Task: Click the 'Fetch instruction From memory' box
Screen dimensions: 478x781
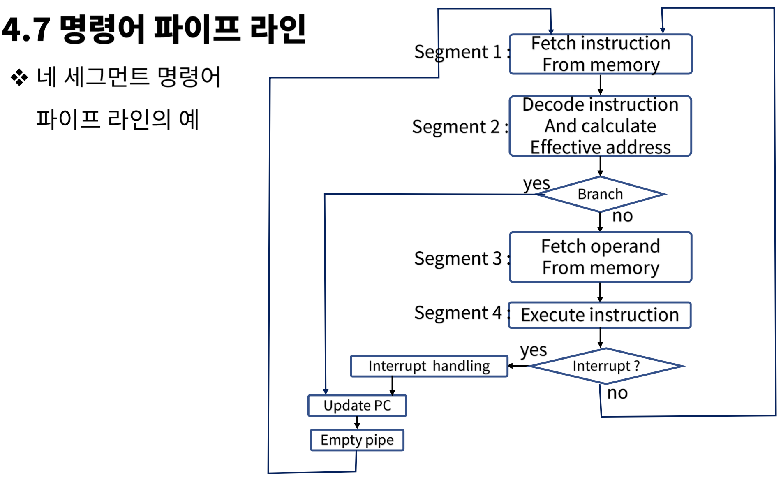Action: click(x=601, y=54)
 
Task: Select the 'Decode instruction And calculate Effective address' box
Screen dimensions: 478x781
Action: click(x=601, y=126)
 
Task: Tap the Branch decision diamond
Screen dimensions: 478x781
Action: click(x=600, y=194)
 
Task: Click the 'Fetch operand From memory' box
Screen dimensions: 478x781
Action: click(x=601, y=257)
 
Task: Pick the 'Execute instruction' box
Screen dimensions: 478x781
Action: click(x=600, y=315)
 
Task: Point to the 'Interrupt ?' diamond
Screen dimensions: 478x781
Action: click(x=606, y=366)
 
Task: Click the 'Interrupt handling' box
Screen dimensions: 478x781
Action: click(x=429, y=366)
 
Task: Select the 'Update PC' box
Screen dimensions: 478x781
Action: click(x=357, y=406)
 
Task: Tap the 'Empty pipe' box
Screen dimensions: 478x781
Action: click(x=357, y=440)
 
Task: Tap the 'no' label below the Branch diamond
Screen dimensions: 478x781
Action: click(x=622, y=216)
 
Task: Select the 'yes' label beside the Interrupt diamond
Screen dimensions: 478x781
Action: click(x=533, y=350)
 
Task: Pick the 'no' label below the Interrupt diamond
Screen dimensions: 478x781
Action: click(x=617, y=393)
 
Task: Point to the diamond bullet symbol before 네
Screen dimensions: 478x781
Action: click(x=19, y=77)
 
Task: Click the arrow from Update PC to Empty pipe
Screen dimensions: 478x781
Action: click(x=357, y=423)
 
